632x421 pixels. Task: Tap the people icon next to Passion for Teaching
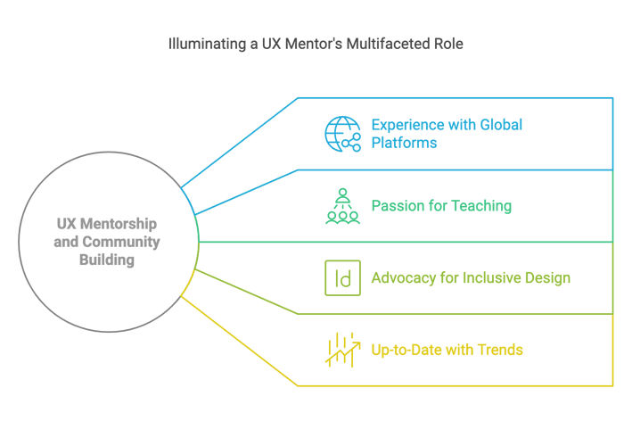pos(342,205)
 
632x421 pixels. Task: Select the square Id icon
pos(342,277)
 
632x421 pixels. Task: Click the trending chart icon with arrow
pos(342,349)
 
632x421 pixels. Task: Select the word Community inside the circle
pos(131,242)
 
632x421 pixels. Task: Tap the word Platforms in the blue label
pos(404,143)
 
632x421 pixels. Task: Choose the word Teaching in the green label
pos(480,205)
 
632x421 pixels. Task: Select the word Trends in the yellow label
pos(499,349)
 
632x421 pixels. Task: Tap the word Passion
pos(396,205)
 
